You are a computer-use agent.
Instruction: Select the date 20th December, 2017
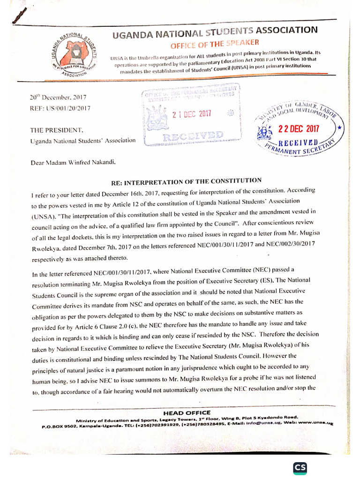[x=57, y=98]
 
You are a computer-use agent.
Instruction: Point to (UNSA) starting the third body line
[x=44, y=217]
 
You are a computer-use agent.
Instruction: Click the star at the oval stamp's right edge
[x=339, y=127]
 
